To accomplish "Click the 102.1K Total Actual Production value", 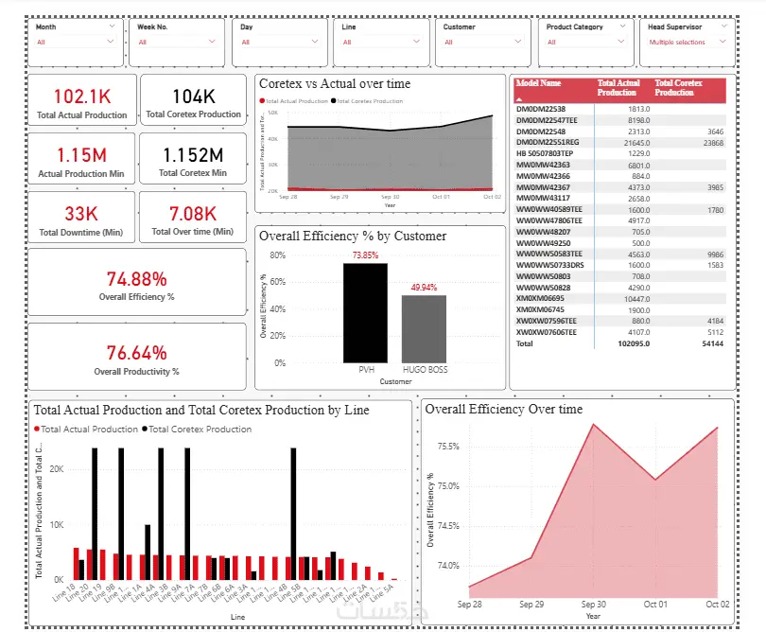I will click(x=81, y=97).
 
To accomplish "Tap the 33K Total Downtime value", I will click(x=81, y=213).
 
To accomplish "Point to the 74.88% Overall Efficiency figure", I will click(x=136, y=279).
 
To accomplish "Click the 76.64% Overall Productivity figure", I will click(x=136, y=353).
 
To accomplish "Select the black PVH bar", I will click(x=365, y=312).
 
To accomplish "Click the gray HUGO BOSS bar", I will click(x=424, y=328).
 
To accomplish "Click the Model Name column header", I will click(x=538, y=83).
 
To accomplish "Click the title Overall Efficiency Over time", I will click(x=504, y=410).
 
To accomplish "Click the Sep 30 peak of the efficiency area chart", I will click(x=593, y=424).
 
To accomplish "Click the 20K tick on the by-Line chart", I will click(x=56, y=469).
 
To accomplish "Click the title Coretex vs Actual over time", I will click(x=335, y=84).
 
